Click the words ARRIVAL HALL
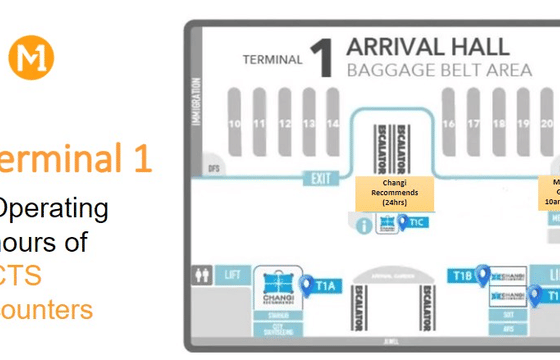pos(427,47)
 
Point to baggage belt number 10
pos(236,124)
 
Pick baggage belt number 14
pos(333,124)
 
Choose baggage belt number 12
pos(284,124)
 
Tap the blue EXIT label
pos(320,180)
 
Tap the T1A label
pos(326,286)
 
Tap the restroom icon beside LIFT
pos(204,272)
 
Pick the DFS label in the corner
pos(212,168)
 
